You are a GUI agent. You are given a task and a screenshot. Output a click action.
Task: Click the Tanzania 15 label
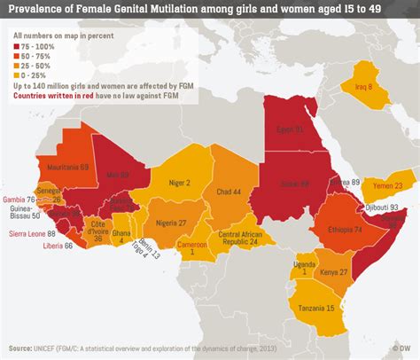click(316, 307)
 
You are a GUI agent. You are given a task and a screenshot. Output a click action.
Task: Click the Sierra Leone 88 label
click(27, 233)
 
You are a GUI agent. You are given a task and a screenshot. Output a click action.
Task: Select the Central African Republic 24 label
click(239, 238)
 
